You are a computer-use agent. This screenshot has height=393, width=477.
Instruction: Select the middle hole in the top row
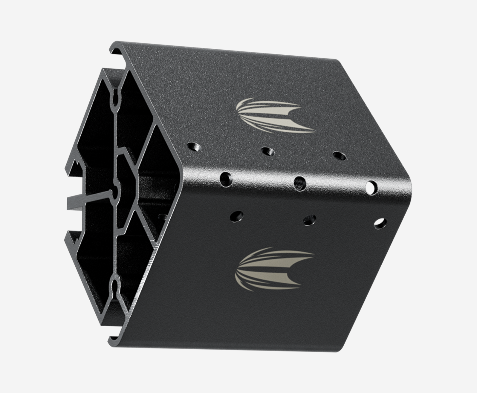pyautogui.click(x=268, y=151)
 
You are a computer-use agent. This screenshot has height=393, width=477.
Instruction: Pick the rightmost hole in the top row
pyautogui.click(x=339, y=156)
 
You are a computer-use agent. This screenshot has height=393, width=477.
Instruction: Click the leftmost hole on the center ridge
pyautogui.click(x=226, y=179)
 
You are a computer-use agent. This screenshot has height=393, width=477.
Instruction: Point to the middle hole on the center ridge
pyautogui.click(x=299, y=183)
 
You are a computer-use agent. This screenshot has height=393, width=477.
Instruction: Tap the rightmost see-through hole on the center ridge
pyautogui.click(x=372, y=187)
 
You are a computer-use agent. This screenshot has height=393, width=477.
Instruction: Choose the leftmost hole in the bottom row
pyautogui.click(x=236, y=216)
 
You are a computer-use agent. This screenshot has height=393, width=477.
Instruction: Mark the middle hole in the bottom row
pyautogui.click(x=309, y=219)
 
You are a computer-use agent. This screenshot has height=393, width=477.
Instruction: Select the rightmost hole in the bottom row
pyautogui.click(x=380, y=223)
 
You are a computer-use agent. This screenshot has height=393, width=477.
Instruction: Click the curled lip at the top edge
pyautogui.click(x=115, y=50)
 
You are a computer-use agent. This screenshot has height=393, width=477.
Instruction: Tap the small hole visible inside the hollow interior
pyautogui.click(x=162, y=217)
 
